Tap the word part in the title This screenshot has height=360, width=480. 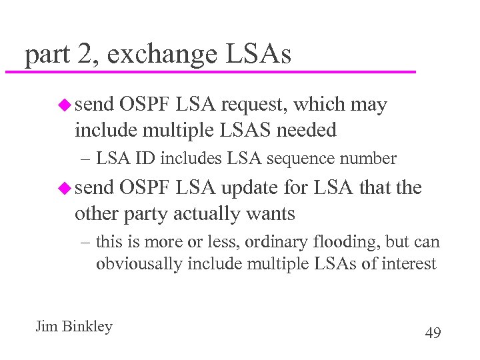coord(46,56)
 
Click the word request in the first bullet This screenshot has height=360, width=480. coord(256,105)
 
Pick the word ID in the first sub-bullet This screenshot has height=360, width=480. coord(142,159)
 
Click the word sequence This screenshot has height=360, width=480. coord(309,159)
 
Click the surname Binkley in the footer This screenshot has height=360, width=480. coord(86,327)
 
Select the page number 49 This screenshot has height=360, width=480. coord(433,333)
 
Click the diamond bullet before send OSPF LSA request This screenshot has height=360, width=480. coord(64,105)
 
